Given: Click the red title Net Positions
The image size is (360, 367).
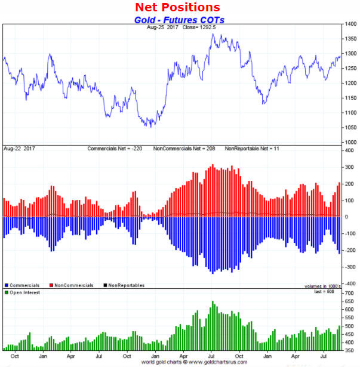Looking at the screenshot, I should click(177, 8).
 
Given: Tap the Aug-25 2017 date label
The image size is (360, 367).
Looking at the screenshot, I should click(164, 27).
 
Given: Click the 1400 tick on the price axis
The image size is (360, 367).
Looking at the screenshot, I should click(350, 24).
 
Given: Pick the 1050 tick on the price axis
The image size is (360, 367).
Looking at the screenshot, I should click(350, 127).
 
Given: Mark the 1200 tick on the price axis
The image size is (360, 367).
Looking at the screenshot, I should click(350, 83).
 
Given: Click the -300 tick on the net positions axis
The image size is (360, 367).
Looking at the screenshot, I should click(350, 267).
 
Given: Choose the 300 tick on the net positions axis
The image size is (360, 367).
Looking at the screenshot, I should click(350, 167).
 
